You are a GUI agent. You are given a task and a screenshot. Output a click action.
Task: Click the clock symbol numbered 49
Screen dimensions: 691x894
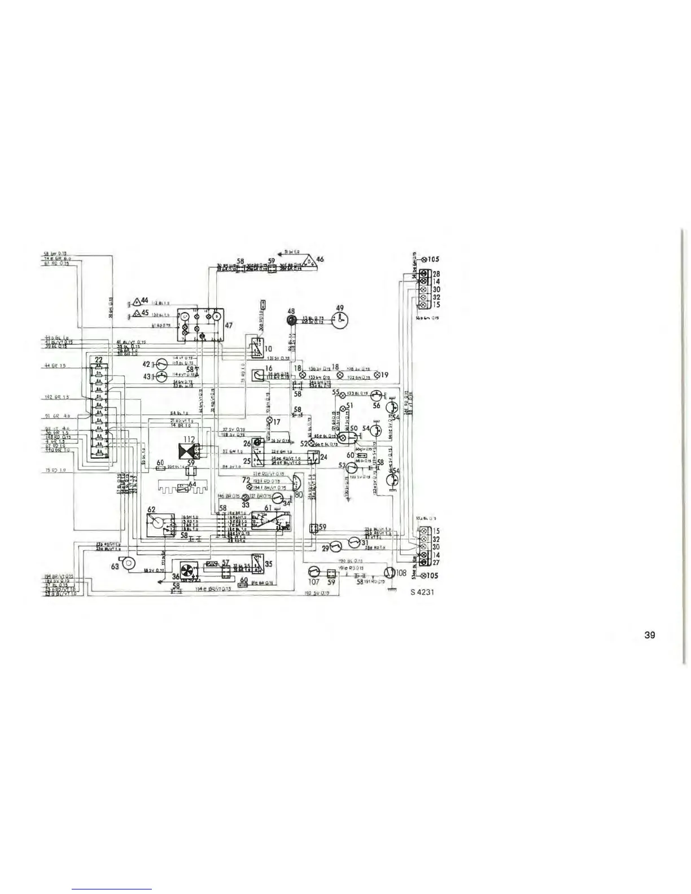(x=340, y=321)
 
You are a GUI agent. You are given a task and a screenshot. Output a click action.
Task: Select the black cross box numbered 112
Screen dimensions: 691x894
(x=186, y=451)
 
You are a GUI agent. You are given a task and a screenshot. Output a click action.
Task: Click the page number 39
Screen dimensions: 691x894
(x=649, y=635)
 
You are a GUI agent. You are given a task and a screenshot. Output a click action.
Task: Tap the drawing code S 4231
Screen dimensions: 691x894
(x=422, y=592)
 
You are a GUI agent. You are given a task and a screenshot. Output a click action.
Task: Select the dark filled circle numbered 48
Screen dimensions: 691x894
(x=291, y=321)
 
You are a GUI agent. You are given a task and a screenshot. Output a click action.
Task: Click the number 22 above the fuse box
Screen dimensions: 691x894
(x=99, y=360)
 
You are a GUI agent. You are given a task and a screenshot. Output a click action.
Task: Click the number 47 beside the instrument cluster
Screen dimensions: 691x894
(x=230, y=326)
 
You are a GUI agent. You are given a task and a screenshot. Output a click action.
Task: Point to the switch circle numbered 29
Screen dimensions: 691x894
(x=335, y=547)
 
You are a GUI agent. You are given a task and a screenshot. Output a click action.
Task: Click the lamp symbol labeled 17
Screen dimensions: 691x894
(x=269, y=420)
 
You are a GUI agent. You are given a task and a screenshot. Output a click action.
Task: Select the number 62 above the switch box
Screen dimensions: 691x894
(x=151, y=509)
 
